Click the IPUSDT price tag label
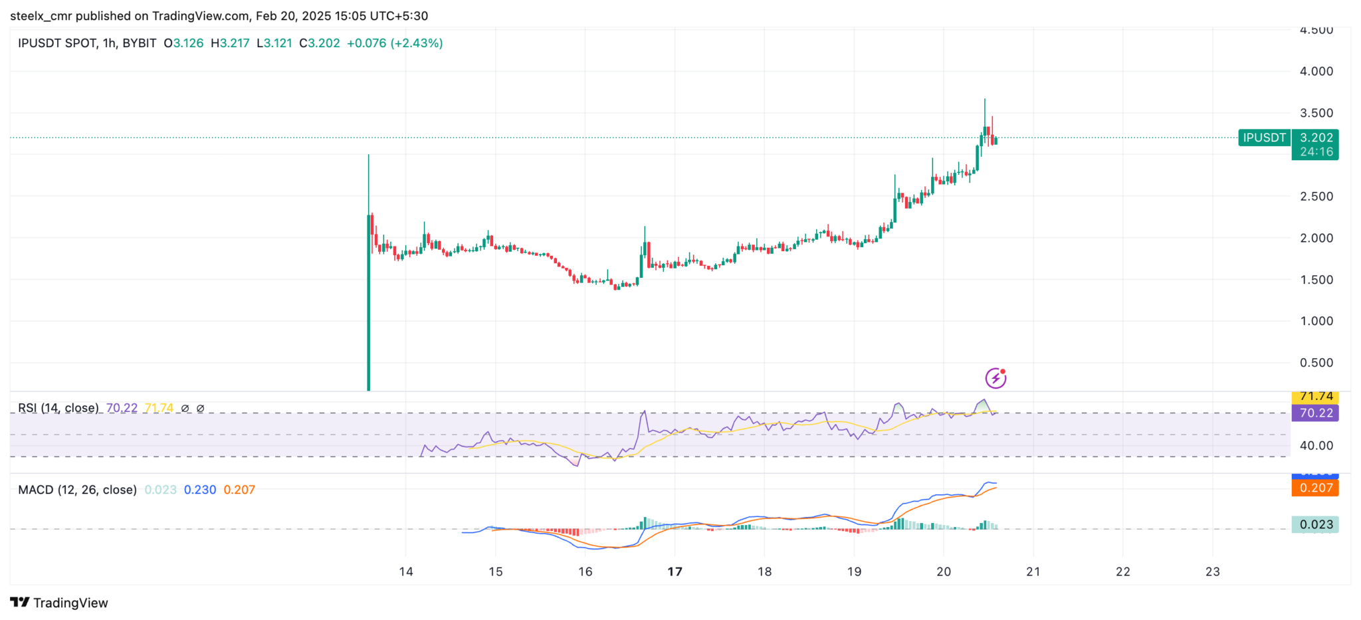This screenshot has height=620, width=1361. pos(1264,138)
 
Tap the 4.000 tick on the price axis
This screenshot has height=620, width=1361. pos(1316,71)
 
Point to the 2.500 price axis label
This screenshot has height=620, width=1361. pos(1316,196)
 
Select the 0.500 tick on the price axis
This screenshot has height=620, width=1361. pos(1316,363)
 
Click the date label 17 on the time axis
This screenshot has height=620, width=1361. pos(675,571)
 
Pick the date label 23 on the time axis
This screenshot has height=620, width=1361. pos(1212,571)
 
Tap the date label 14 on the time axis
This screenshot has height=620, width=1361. pos(405,571)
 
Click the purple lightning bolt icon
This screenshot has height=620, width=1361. pos(995,378)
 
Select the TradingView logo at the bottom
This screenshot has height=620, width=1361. pos(59,603)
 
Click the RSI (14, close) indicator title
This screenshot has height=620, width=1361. pos(58,408)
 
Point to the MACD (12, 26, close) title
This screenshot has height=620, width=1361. pos(77,490)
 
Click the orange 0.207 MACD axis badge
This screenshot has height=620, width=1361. pos(1315,488)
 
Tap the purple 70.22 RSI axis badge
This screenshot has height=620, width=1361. pos(1315,413)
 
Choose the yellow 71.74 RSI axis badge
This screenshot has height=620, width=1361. pos(1315,397)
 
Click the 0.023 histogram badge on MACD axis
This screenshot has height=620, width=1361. pos(1315,524)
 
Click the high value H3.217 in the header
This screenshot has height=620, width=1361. pos(230,43)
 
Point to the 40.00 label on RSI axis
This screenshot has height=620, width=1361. pos(1316,445)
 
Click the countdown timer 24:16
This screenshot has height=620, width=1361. pos(1316,152)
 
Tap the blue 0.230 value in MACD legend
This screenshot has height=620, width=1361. pos(200,490)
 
